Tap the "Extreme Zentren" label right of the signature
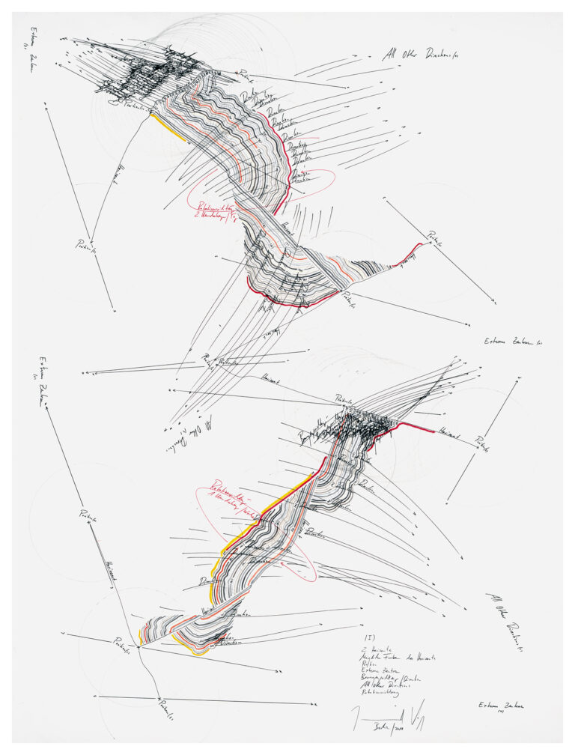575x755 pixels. pyautogui.click(x=499, y=706)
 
